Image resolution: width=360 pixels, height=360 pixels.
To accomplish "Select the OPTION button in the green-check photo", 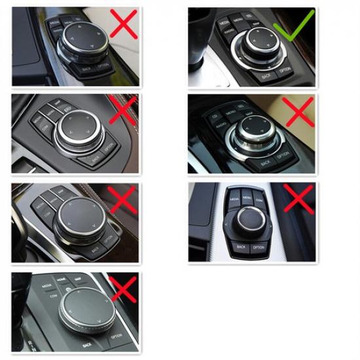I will pyautogui.click(x=285, y=69).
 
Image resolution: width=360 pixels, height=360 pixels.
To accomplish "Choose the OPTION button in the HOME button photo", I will pyautogui.click(x=117, y=336).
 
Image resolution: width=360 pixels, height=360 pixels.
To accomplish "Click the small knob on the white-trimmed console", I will pyautogui.click(x=250, y=219).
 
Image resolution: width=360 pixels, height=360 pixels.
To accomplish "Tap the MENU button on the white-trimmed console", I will pyautogui.click(x=246, y=196).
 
